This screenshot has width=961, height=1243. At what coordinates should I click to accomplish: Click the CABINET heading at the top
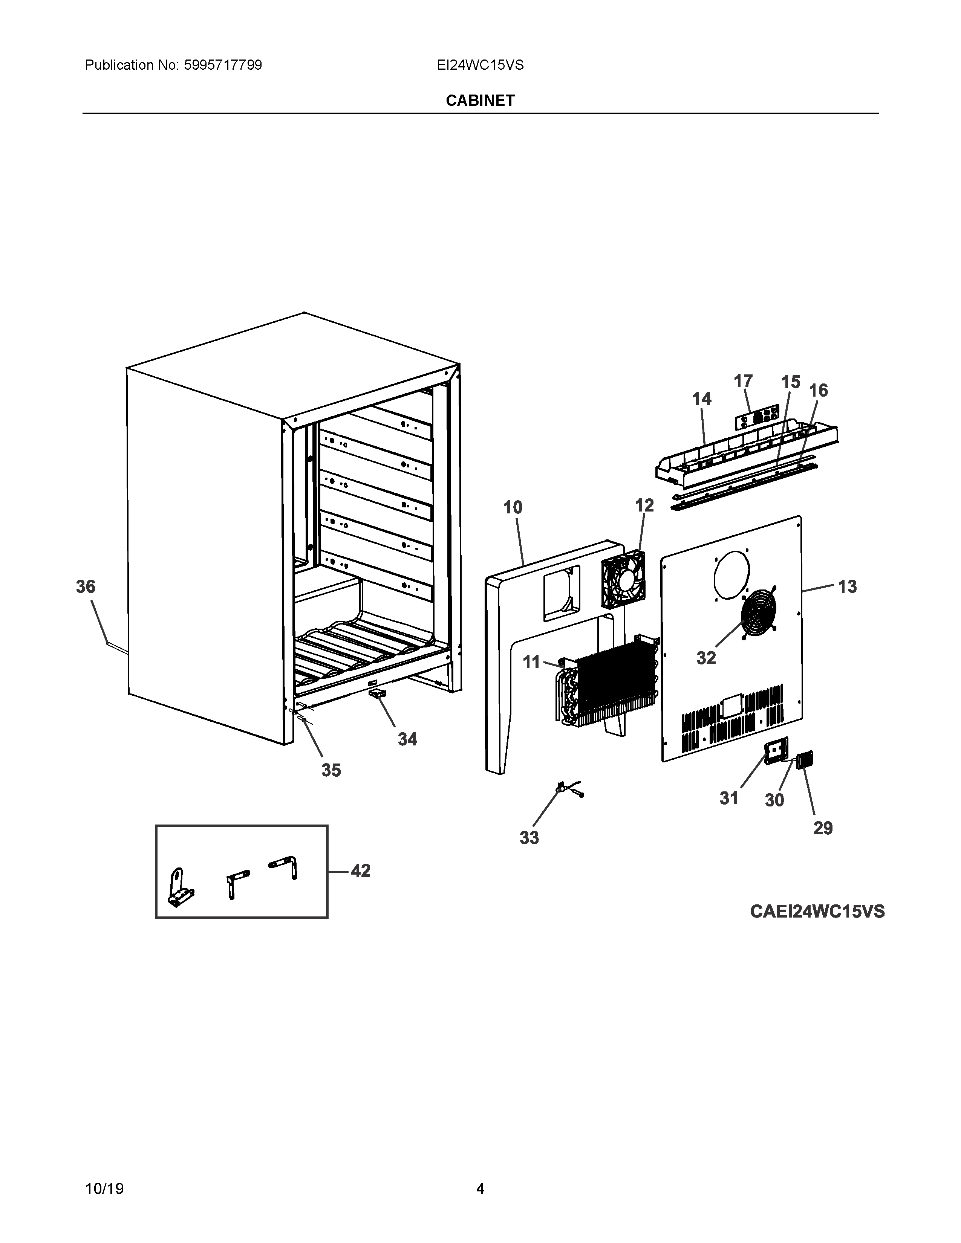point(480,101)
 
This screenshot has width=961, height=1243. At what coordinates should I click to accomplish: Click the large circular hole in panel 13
point(731,574)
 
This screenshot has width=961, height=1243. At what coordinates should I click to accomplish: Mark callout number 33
point(529,837)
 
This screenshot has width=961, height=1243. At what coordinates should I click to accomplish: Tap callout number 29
point(823,828)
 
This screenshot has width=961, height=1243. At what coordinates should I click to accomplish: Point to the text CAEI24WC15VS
point(817,911)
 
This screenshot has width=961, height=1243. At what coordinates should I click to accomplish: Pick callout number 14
point(702,399)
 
